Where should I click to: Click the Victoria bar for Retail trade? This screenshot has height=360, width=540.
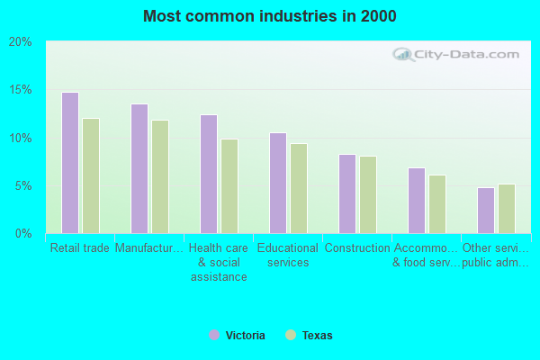[69, 163]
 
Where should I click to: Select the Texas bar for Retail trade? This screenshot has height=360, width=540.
[90, 175]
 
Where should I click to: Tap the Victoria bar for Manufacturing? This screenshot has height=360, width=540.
[139, 168]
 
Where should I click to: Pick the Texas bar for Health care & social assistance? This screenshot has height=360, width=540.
[229, 186]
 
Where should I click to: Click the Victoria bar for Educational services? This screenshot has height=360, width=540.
[277, 183]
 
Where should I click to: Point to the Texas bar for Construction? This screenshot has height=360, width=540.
[367, 194]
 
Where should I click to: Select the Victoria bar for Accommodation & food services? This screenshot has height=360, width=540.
[416, 200]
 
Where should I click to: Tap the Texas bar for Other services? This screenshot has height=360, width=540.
[506, 208]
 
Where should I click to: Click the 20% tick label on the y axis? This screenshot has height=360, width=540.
[21, 42]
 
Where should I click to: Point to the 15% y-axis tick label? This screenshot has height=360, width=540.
[21, 90]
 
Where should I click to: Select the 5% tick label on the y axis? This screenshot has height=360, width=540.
[23, 186]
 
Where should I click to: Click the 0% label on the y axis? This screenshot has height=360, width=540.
[23, 234]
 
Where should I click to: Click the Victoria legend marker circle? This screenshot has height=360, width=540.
[214, 335]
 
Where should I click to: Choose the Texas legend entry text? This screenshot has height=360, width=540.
[317, 336]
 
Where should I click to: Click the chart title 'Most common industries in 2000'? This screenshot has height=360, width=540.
[269, 16]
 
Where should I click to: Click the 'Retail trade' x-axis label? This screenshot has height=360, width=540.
[80, 248]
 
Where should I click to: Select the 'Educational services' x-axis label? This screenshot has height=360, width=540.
[287, 256]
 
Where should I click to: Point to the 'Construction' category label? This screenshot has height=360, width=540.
[356, 248]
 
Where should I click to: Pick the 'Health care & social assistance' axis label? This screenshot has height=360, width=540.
[218, 262]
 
